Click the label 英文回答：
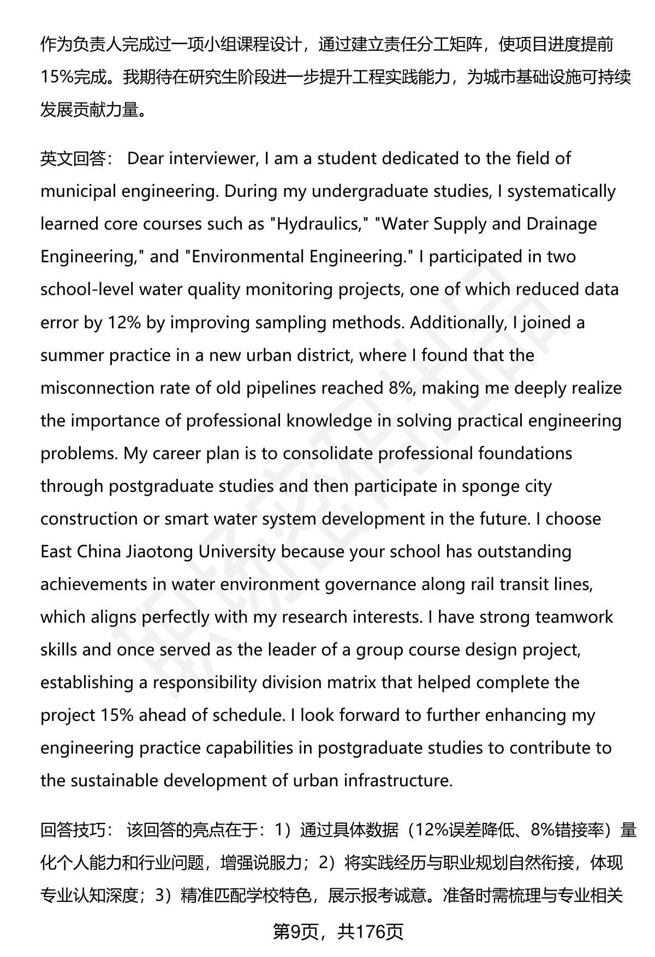(x=76, y=159)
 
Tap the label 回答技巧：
(x=76, y=830)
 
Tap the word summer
(x=73, y=355)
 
